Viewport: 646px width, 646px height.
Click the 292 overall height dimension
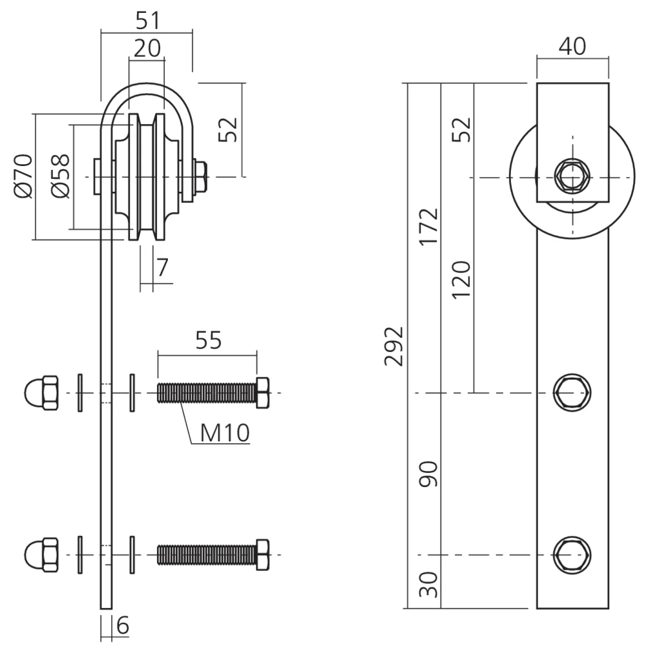click(393, 346)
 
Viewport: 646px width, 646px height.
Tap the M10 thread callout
click(225, 433)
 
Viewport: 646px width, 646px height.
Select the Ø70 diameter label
click(23, 176)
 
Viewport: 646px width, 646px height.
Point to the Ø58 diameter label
click(61, 176)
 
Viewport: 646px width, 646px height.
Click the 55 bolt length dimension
click(209, 340)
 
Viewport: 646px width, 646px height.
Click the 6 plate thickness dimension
click(123, 625)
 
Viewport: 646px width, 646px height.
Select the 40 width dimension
click(572, 46)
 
